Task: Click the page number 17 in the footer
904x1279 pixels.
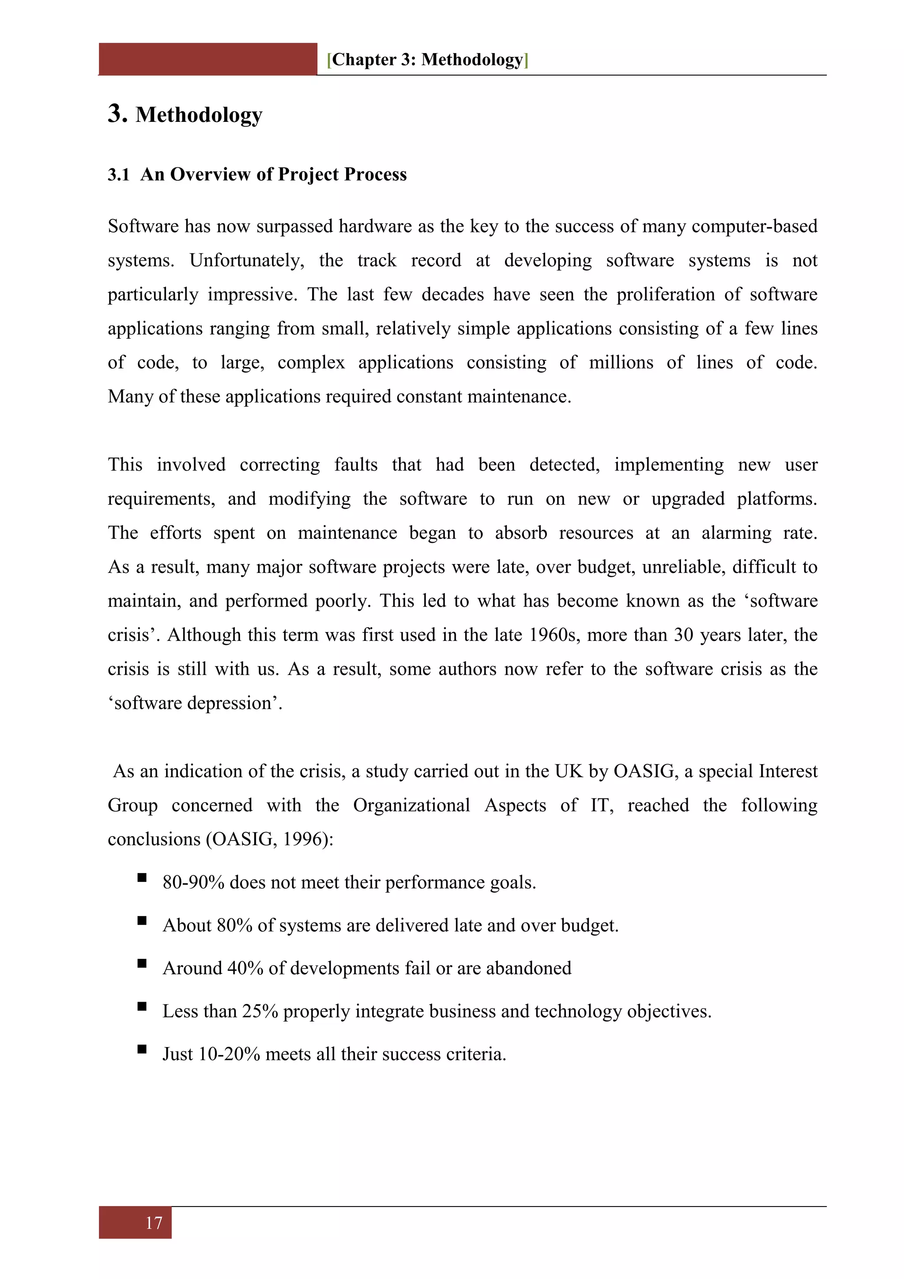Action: pyautogui.click(x=154, y=1223)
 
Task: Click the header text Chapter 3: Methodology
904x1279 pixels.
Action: pyautogui.click(x=427, y=60)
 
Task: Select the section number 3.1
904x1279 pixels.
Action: pyautogui.click(x=119, y=174)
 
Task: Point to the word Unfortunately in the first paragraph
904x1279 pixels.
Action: pyautogui.click(x=247, y=260)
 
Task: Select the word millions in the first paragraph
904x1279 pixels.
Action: pyautogui.click(x=621, y=362)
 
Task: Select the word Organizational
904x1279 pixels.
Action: pyautogui.click(x=411, y=805)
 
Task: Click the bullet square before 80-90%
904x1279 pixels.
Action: pyautogui.click(x=142, y=878)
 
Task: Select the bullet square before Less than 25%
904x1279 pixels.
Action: pyautogui.click(x=142, y=1007)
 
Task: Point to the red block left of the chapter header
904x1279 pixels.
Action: pyautogui.click(x=207, y=59)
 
